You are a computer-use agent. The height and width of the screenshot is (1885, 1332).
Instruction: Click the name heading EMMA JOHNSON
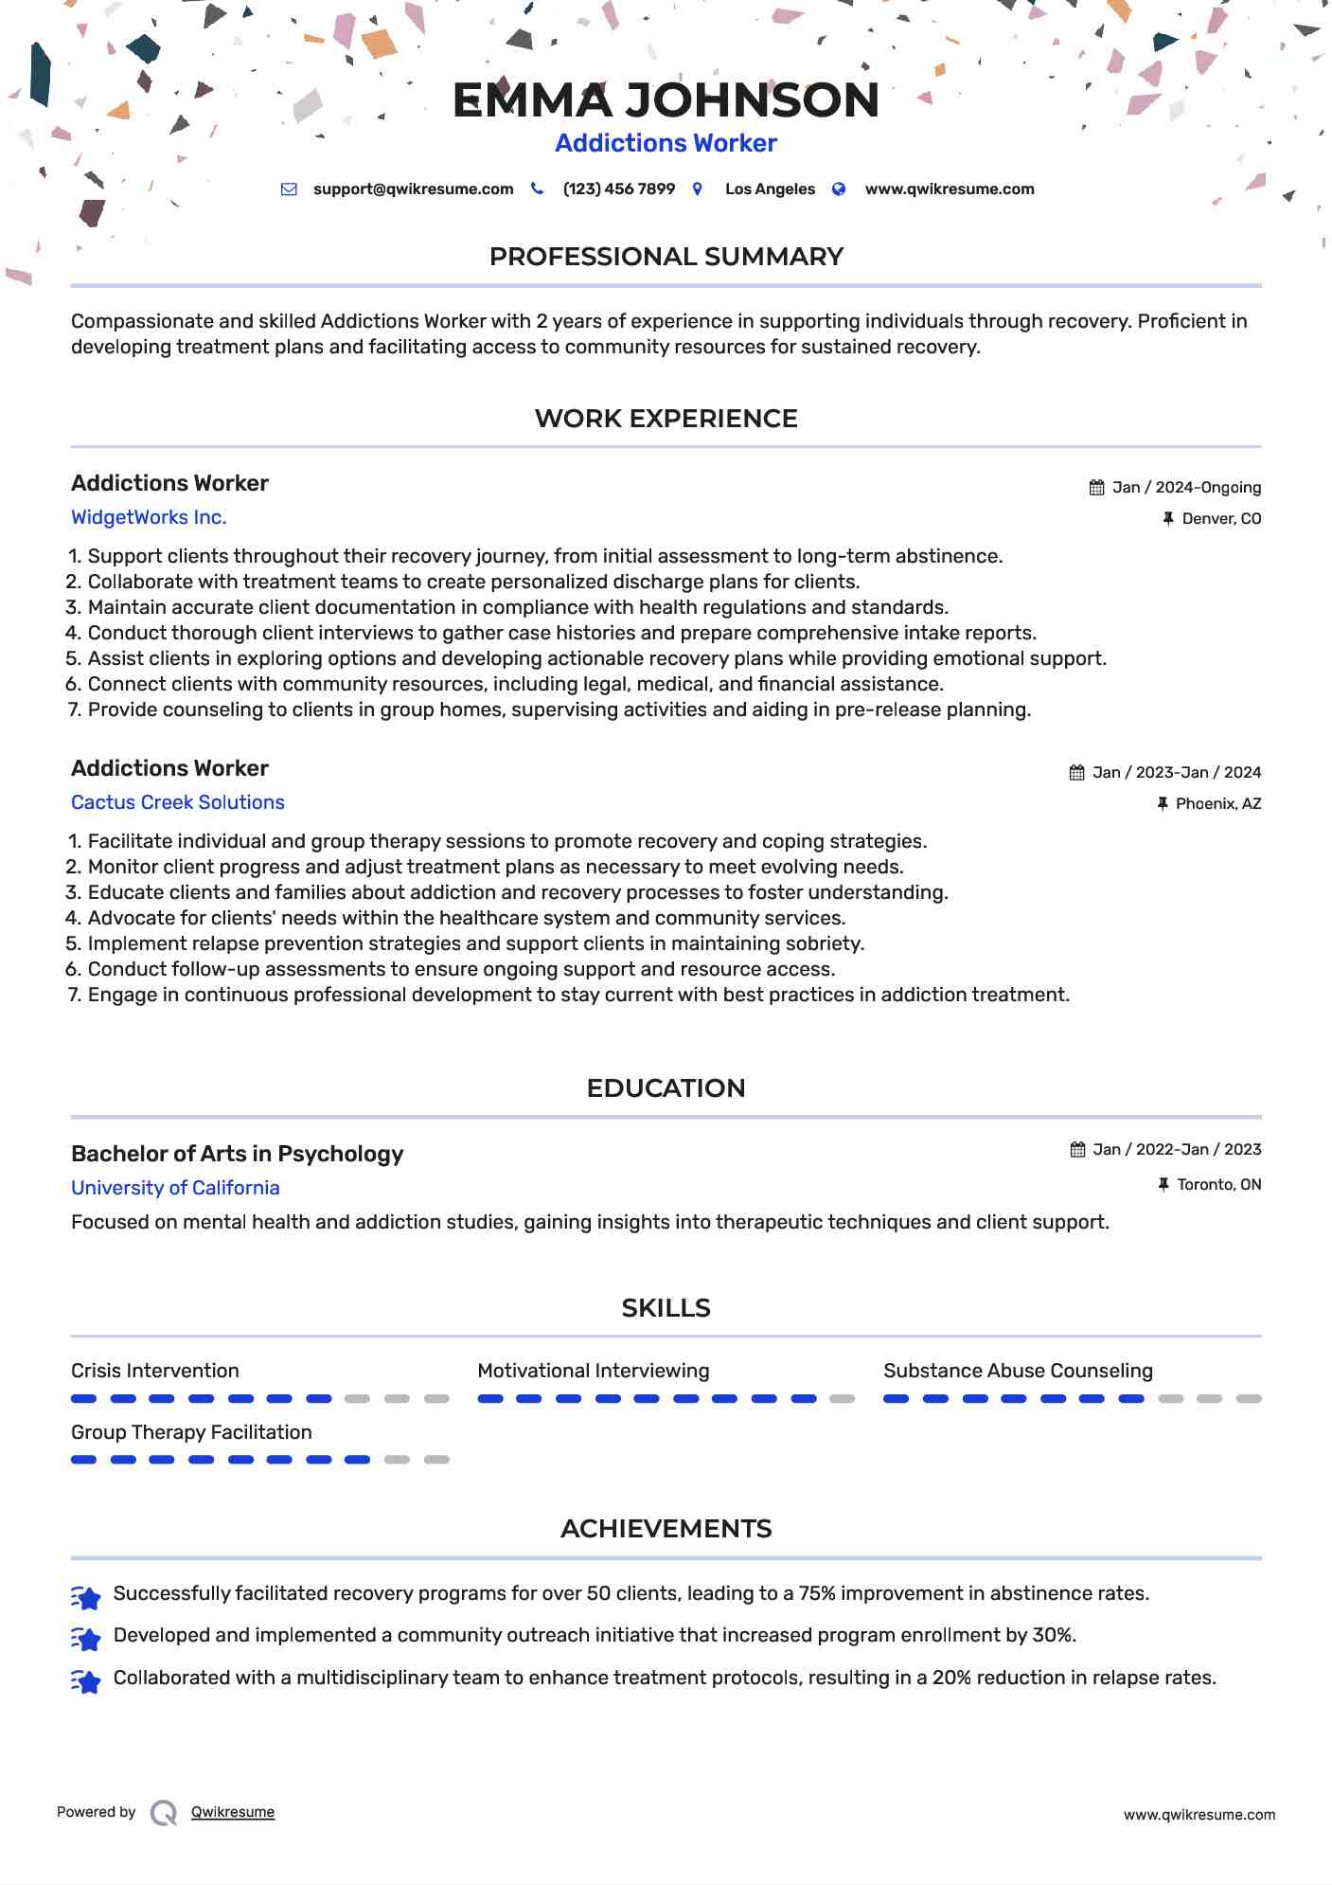(x=666, y=100)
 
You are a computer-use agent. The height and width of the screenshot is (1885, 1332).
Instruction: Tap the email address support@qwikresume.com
(x=413, y=189)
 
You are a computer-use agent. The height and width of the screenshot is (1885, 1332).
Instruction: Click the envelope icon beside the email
(x=289, y=189)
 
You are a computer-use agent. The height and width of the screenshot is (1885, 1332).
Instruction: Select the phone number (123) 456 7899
(x=618, y=189)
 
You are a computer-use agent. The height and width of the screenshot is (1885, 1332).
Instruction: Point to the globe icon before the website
(x=839, y=189)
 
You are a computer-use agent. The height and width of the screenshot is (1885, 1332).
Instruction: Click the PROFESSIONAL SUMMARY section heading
(x=666, y=257)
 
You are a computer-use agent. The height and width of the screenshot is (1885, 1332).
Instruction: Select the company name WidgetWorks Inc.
(x=149, y=518)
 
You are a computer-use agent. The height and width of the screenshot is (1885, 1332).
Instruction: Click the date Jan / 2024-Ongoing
(x=1186, y=488)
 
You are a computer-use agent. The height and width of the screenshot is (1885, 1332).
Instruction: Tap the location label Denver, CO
(x=1221, y=519)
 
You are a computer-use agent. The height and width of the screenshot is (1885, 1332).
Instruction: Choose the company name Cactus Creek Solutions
(x=178, y=803)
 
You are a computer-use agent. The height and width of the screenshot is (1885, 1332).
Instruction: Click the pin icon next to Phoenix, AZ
(x=1163, y=804)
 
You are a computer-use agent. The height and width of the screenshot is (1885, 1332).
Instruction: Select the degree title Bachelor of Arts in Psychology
(x=237, y=1154)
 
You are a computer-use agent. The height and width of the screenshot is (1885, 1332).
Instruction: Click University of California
(x=175, y=1188)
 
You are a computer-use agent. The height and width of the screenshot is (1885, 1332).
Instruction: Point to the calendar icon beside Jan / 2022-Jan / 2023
(x=1077, y=1150)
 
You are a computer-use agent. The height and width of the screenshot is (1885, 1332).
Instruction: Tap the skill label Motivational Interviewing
(x=593, y=1371)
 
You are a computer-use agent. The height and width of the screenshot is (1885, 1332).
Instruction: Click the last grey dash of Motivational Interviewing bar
(x=842, y=1399)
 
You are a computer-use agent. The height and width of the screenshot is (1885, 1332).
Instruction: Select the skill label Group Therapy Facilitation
(x=191, y=1432)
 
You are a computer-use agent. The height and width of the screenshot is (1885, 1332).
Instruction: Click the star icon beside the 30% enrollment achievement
(x=86, y=1638)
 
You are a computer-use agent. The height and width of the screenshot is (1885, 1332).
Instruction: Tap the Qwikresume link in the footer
(x=233, y=1812)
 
